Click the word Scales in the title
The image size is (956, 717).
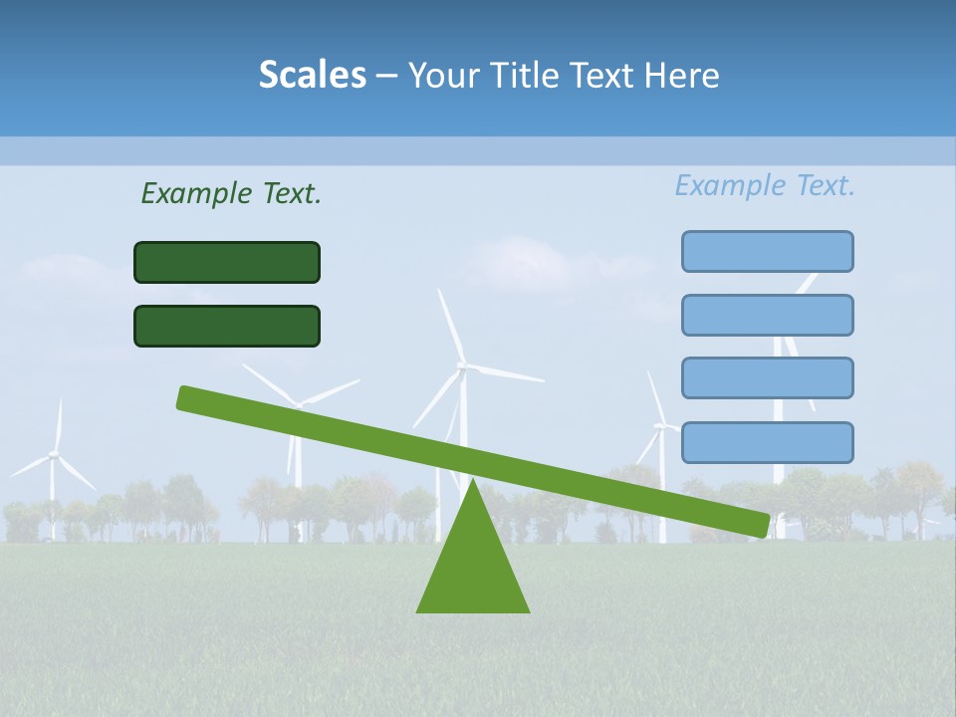(312, 76)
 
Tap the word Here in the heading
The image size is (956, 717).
(681, 76)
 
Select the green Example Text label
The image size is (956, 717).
(231, 193)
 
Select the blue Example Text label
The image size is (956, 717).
(765, 185)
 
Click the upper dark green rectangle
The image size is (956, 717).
(227, 262)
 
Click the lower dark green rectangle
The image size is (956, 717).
(227, 326)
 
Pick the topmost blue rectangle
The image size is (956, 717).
(767, 251)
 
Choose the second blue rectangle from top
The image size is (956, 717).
(767, 315)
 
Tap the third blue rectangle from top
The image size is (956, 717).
(767, 378)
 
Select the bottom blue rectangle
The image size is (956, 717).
(767, 442)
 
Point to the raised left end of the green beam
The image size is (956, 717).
(184, 397)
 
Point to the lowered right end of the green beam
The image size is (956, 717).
(761, 525)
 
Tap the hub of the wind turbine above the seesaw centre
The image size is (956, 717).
(462, 366)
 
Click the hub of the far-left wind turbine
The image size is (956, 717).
(54, 454)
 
